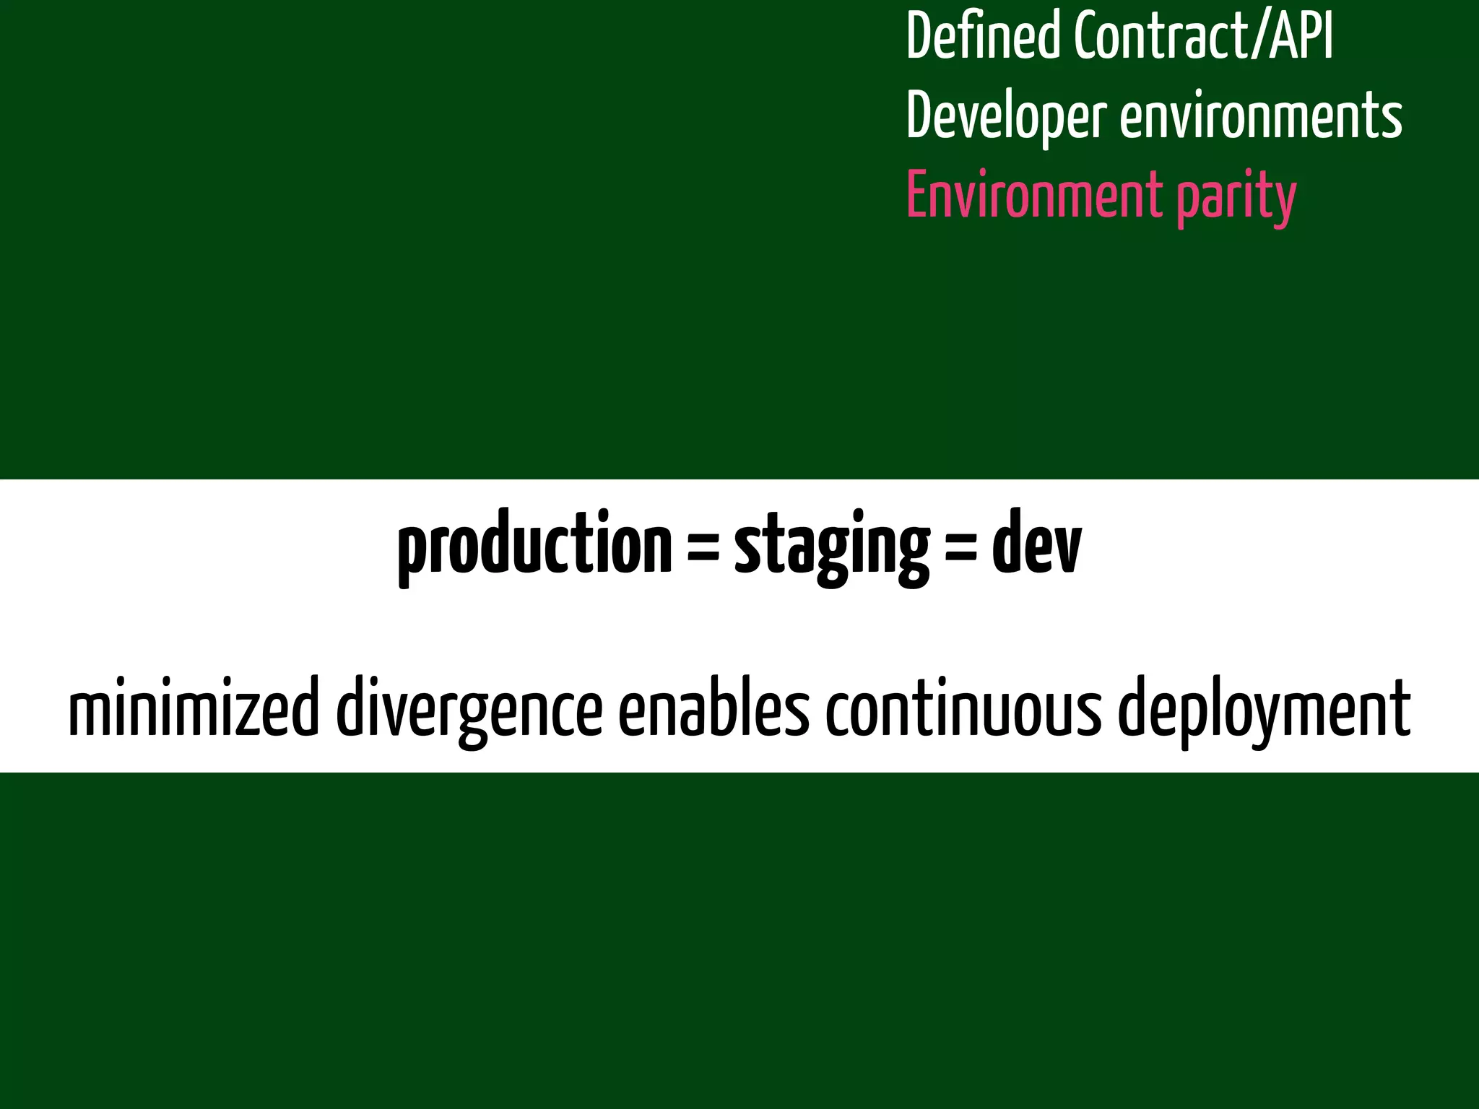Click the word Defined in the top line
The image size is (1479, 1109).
(x=984, y=36)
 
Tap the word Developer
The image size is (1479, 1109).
(x=1006, y=117)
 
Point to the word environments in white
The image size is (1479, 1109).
(x=1261, y=117)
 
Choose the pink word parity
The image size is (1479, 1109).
(x=1236, y=198)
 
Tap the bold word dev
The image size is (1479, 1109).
(x=1037, y=543)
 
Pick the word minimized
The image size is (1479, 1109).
(x=194, y=708)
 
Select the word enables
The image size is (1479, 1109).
(x=714, y=708)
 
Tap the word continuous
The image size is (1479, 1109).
(x=963, y=708)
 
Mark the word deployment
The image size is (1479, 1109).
(x=1264, y=711)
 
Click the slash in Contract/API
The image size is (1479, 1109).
(x=1260, y=36)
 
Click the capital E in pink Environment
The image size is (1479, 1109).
(x=917, y=195)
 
